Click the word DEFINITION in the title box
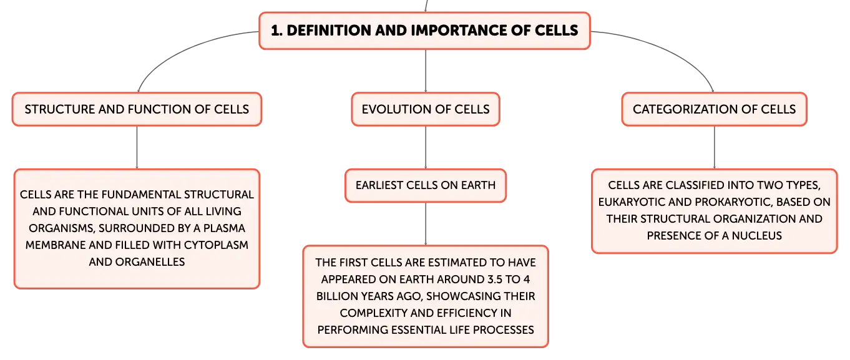[x=329, y=31]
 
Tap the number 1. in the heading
[x=276, y=31]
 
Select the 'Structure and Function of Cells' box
[x=137, y=109]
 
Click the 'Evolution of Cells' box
[x=426, y=109]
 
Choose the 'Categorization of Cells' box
[x=714, y=109]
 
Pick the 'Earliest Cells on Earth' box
[x=426, y=185]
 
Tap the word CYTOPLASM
[x=216, y=245]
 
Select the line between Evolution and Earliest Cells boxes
[x=426, y=148]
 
